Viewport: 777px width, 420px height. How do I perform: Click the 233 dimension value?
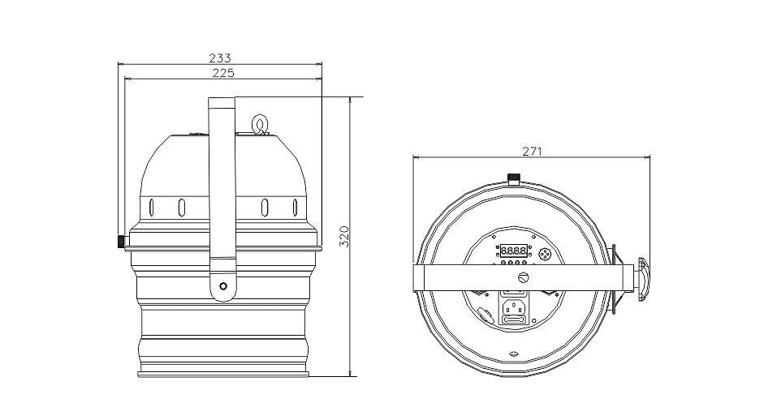(x=220, y=58)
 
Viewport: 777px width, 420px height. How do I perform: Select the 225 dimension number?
(x=223, y=73)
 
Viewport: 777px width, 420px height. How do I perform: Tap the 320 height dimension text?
(x=344, y=237)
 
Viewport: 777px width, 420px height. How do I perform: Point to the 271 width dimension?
(x=532, y=152)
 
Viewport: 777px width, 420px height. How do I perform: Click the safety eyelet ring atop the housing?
(x=260, y=124)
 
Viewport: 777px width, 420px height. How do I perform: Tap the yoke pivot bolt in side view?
(x=223, y=286)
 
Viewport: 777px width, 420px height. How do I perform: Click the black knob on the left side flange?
(x=121, y=242)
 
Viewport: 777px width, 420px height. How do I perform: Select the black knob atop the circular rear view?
(x=514, y=177)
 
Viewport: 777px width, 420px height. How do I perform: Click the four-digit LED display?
(x=513, y=251)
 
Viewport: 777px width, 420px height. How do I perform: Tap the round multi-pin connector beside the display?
(x=545, y=254)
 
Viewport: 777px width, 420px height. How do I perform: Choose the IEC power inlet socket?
(x=514, y=307)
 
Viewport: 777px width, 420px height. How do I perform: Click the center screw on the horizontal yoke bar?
(x=524, y=277)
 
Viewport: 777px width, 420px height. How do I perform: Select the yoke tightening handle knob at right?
(x=643, y=279)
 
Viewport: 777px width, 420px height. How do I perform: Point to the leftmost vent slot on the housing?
(x=152, y=208)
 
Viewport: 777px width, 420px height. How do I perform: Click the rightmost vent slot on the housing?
(x=296, y=208)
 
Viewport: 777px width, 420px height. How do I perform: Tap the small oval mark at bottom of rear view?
(x=514, y=354)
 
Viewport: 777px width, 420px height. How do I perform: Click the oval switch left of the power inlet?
(x=486, y=315)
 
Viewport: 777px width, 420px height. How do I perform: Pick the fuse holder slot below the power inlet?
(x=514, y=320)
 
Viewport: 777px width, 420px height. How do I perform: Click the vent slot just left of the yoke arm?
(x=182, y=208)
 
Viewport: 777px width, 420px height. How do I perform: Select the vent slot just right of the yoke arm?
(x=265, y=208)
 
